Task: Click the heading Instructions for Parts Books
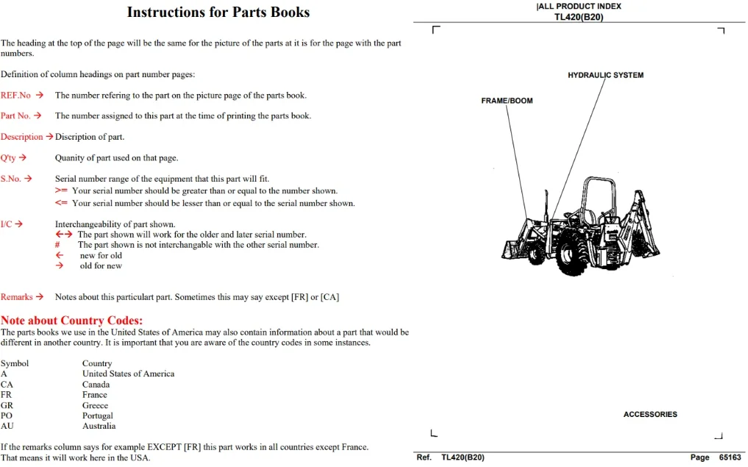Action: click(218, 12)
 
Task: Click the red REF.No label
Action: click(15, 96)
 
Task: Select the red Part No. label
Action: click(15, 116)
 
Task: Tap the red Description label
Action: click(22, 137)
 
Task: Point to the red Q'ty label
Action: click(8, 158)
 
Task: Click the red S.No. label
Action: click(11, 179)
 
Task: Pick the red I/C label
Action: click(6, 224)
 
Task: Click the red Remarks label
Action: click(17, 297)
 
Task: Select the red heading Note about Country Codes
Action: click(71, 321)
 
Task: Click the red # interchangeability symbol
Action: click(57, 245)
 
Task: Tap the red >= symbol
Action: click(61, 190)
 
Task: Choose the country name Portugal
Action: click(98, 416)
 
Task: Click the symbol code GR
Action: click(7, 405)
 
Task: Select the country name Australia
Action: click(99, 426)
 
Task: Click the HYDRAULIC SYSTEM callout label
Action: click(605, 75)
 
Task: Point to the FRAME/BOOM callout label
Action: click(507, 101)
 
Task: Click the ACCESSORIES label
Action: click(650, 415)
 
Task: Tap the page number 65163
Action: click(730, 457)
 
